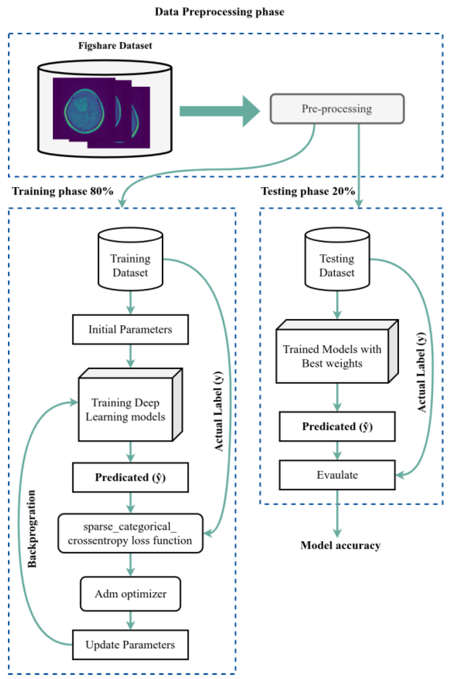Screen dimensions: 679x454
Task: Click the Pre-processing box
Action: click(337, 109)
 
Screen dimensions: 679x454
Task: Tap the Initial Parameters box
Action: click(130, 329)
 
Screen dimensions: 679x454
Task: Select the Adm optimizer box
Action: click(130, 594)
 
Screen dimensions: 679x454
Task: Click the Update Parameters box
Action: click(130, 645)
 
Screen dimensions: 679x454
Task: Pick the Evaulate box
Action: click(337, 475)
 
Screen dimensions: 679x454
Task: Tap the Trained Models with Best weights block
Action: click(332, 356)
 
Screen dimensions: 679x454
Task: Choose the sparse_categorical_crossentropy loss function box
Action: click(130, 533)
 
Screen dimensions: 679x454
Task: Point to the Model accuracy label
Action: click(341, 545)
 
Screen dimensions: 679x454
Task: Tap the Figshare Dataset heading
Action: click(115, 46)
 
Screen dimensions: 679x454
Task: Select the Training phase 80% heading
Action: click(63, 191)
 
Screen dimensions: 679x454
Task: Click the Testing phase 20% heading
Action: click(308, 191)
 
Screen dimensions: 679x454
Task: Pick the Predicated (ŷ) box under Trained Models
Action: click(337, 426)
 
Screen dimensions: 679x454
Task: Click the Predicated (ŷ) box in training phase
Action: click(130, 477)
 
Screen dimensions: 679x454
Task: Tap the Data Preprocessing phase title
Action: click(219, 12)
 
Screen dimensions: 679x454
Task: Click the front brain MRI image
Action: click(84, 108)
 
